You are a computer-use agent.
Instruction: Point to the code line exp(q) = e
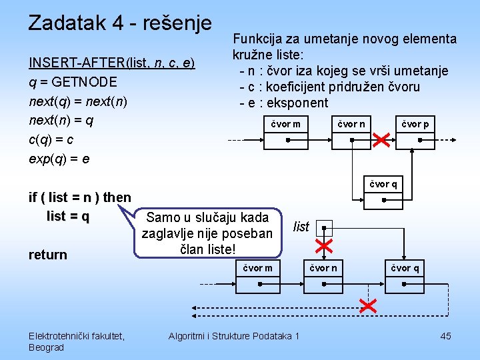tap(59, 159)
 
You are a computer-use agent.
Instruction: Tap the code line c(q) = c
tap(51, 140)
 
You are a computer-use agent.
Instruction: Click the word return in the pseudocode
tap(48, 255)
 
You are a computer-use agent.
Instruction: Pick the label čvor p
tap(415, 124)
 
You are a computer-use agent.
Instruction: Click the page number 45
tap(445, 336)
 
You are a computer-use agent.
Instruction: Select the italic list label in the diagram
tap(301, 227)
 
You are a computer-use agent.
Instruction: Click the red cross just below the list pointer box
tap(324, 247)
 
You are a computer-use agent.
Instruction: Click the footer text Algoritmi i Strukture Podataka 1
tap(234, 336)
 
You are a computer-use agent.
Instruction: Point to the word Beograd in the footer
tap(47, 347)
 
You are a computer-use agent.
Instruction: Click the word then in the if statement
tap(117, 197)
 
